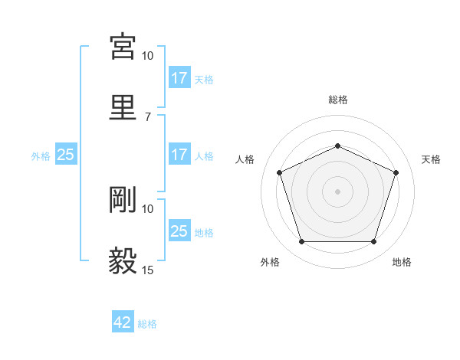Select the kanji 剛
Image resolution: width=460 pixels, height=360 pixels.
(123, 199)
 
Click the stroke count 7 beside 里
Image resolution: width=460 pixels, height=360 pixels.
(148, 116)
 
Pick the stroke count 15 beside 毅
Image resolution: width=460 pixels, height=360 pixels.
(148, 270)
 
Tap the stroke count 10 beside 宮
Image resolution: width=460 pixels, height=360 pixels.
(148, 56)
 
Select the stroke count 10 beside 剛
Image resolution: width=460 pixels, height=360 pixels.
(148, 208)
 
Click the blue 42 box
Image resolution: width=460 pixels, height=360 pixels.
(123, 322)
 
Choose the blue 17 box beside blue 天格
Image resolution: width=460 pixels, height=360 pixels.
(179, 78)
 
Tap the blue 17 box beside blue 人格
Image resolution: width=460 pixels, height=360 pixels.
(179, 155)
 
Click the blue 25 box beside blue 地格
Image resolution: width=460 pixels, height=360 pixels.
(179, 231)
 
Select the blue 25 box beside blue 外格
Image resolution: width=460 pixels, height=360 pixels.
(66, 155)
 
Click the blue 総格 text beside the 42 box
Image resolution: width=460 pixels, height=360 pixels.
(147, 324)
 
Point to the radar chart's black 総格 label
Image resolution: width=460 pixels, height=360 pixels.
(338, 100)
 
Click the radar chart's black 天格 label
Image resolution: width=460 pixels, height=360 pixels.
(431, 159)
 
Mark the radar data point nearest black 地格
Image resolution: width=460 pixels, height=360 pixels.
(373, 242)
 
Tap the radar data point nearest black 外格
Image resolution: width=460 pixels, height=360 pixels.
(301, 242)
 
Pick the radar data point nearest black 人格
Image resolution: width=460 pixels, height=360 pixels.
(279, 172)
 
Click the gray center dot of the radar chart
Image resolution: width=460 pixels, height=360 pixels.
(337, 191)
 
